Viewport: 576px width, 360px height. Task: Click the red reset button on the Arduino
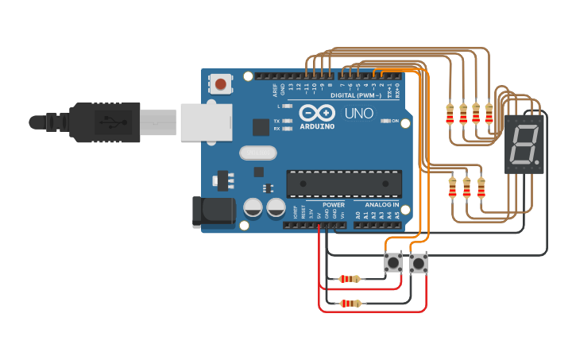click(220, 83)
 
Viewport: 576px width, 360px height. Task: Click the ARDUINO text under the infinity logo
click(317, 126)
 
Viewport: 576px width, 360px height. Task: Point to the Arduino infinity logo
click(316, 114)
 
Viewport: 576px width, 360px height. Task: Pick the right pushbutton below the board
click(418, 262)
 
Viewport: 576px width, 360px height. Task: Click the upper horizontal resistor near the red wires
click(350, 279)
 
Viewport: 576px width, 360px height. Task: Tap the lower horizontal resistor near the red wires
click(350, 304)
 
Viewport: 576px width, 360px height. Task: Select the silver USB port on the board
click(205, 122)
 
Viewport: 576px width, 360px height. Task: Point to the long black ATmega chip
click(344, 184)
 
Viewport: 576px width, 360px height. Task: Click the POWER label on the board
click(334, 205)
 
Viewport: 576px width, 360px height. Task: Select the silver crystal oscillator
click(257, 153)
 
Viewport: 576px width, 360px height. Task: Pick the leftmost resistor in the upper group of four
click(450, 114)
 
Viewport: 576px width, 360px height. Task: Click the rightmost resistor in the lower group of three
click(481, 188)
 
